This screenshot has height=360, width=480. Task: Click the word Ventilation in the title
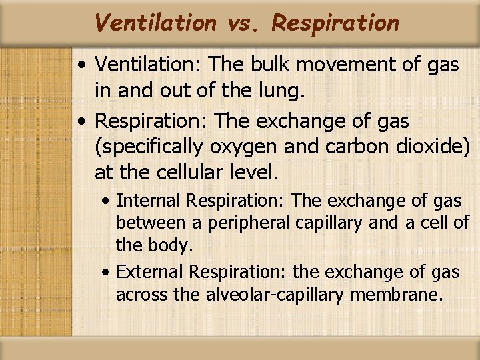(x=155, y=23)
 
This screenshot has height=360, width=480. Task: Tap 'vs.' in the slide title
(x=245, y=23)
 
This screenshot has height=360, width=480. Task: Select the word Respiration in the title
(x=335, y=23)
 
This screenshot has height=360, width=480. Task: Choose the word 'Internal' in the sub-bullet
(x=150, y=201)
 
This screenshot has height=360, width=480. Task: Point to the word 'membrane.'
(x=405, y=294)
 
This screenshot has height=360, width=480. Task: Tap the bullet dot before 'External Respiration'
(x=107, y=273)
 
